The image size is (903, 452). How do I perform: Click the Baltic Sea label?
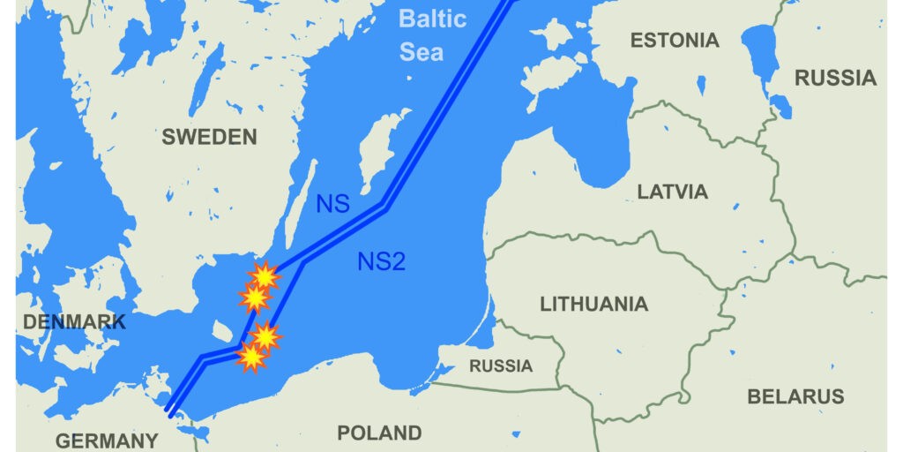pos(431,34)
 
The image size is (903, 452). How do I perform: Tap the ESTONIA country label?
pos(675,40)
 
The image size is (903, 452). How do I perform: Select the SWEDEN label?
pos(209,137)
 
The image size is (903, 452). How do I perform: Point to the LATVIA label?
pos(672,192)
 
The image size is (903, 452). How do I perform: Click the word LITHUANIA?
pos(593,305)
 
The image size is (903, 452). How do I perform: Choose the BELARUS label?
pos(795,396)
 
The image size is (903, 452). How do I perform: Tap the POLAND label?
pos(379,433)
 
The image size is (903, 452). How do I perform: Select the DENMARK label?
pos(74,322)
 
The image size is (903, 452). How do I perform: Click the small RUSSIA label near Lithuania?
pos(500,365)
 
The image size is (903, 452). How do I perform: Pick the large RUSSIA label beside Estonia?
pos(835,78)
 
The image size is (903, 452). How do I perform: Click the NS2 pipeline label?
pos(381,260)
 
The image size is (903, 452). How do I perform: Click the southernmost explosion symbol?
pos(252,357)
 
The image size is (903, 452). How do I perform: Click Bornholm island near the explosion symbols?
pos(224,328)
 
